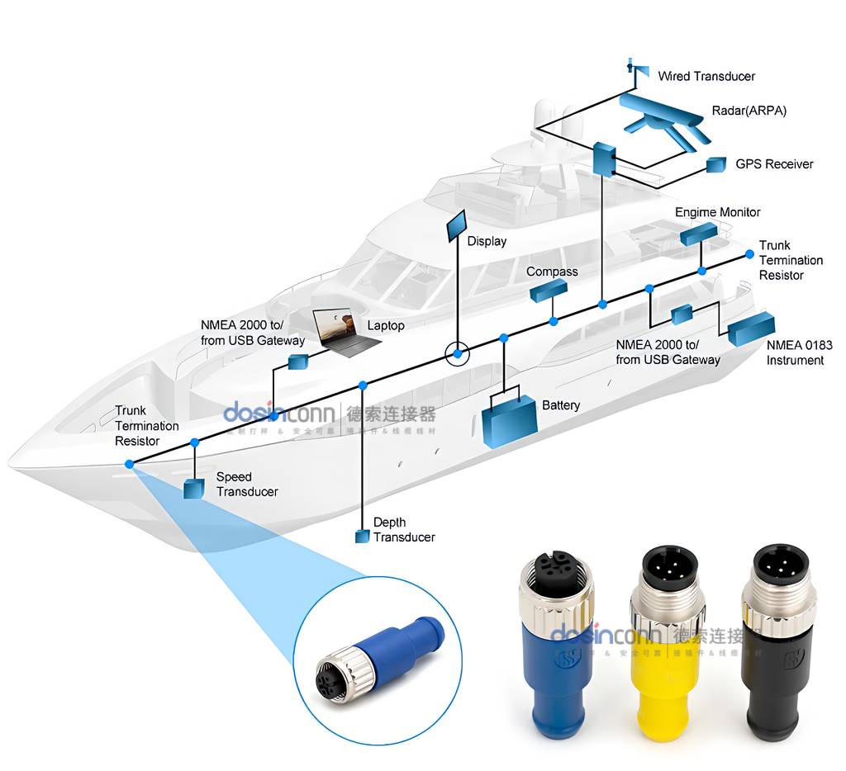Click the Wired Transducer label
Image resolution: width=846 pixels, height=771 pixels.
click(x=706, y=76)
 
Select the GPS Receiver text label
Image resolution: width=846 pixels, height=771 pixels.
click(x=774, y=164)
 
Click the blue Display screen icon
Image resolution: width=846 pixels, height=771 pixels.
click(x=457, y=225)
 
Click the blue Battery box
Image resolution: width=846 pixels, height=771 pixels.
click(x=509, y=420)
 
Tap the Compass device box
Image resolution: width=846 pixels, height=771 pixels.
click(x=548, y=290)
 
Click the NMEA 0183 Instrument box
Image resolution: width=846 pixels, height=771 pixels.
click(x=750, y=329)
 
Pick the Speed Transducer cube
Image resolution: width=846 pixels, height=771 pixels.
click(x=194, y=489)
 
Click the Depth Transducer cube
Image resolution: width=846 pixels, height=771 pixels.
click(x=362, y=537)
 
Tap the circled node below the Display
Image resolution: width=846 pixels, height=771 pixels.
click(x=456, y=354)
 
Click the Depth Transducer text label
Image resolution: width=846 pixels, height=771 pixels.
click(x=403, y=530)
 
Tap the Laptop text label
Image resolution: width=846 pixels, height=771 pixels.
click(x=386, y=325)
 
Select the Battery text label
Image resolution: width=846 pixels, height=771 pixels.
click(x=560, y=405)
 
